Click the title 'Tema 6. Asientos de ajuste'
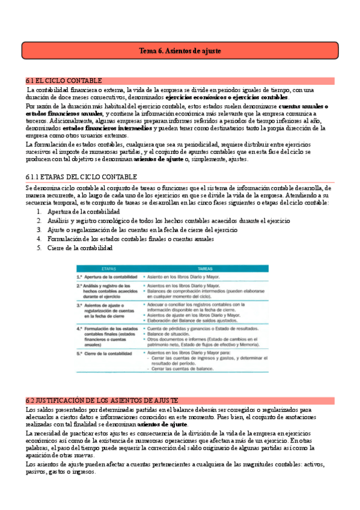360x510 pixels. [180, 51]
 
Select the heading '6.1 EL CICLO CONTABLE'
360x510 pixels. [64, 81]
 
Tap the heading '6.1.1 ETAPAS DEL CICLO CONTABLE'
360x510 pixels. [81, 177]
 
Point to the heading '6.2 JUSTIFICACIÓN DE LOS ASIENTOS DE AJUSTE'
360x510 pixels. [102, 384]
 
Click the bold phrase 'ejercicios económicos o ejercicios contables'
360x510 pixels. [227, 97]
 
